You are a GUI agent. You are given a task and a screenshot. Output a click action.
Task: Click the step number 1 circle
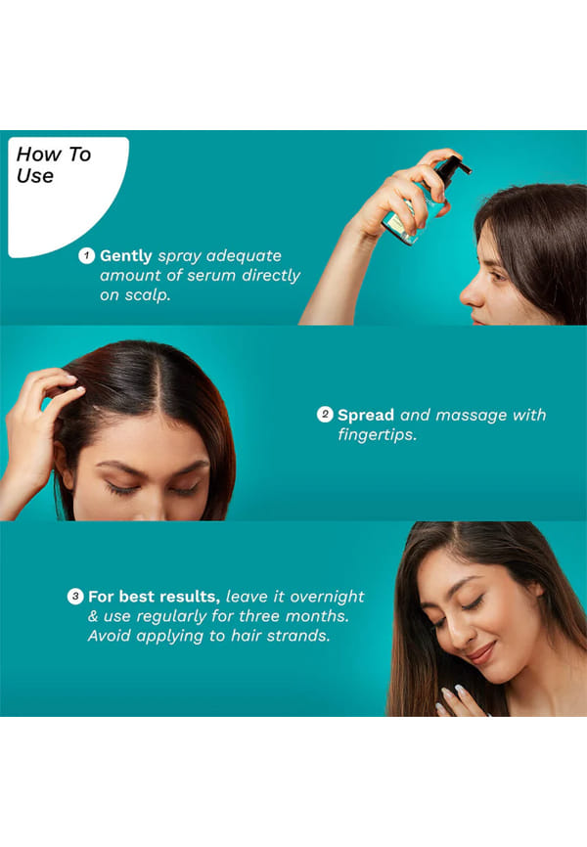click(86, 255)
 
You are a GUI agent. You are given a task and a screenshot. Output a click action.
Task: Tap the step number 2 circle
click(324, 415)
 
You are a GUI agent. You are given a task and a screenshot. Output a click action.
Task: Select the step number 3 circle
click(75, 597)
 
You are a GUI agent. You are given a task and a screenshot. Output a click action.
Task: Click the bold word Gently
click(126, 256)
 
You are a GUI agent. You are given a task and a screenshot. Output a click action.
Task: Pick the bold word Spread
click(366, 415)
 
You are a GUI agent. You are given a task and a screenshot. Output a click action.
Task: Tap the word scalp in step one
click(148, 295)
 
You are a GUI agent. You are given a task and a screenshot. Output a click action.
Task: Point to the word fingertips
click(378, 434)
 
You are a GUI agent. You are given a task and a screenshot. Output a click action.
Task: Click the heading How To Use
click(54, 164)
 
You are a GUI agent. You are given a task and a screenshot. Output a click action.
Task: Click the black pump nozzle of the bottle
click(452, 166)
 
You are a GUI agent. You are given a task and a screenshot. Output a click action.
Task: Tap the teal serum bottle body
click(415, 213)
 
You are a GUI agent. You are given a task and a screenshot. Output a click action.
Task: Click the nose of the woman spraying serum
click(470, 294)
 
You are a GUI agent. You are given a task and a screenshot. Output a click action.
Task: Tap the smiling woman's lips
click(480, 653)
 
